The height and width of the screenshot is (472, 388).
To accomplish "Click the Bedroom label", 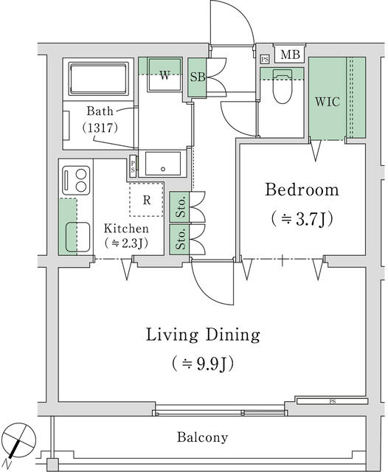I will pyautogui.click(x=302, y=190).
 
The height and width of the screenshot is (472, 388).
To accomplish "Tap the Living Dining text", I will pyautogui.click(x=202, y=336).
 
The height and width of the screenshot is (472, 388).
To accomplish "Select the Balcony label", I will pyautogui.click(x=202, y=437).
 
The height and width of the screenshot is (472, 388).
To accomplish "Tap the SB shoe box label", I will pyautogui.click(x=197, y=77).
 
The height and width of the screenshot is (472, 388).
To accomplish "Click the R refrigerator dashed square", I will pyautogui.click(x=148, y=199).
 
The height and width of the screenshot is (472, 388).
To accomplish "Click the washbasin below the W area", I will pyautogui.click(x=162, y=163).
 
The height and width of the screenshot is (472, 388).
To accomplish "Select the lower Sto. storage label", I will pyautogui.click(x=179, y=240).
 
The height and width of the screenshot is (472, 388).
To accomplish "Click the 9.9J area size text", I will pyautogui.click(x=202, y=364).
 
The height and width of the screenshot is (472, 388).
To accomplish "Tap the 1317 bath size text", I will pyautogui.click(x=100, y=127).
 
